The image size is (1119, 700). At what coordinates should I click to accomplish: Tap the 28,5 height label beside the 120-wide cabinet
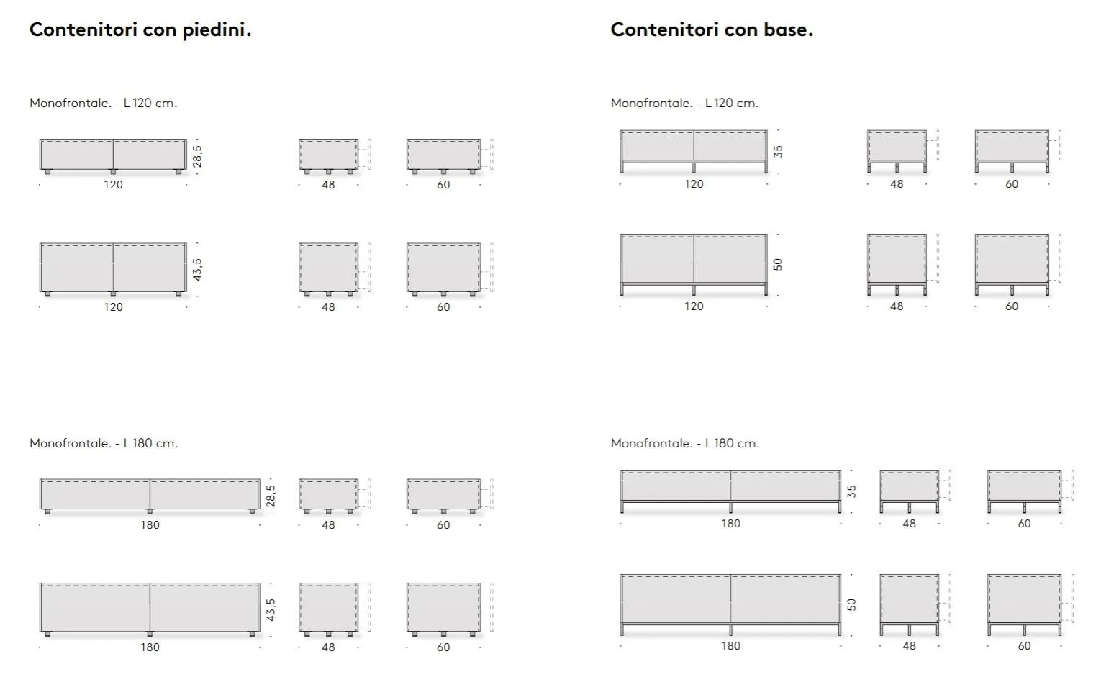point(197,156)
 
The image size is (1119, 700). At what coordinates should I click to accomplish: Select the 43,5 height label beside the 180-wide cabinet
point(271,609)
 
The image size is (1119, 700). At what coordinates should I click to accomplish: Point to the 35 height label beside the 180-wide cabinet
point(852,491)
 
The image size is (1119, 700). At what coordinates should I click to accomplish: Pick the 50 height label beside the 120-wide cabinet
point(778,264)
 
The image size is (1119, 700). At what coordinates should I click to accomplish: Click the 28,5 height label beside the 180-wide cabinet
point(271,496)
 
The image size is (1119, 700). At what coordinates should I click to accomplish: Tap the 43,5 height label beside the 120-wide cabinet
point(197,270)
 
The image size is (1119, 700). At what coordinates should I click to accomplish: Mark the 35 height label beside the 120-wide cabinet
point(778,151)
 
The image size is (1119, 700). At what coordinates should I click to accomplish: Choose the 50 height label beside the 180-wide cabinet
point(852,604)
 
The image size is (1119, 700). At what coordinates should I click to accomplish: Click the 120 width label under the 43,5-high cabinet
point(114,307)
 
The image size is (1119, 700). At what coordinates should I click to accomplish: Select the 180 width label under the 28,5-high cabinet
point(150,525)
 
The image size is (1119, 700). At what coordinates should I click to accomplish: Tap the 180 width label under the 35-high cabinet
point(731,524)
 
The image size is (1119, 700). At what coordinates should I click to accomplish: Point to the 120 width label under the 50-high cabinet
point(694,306)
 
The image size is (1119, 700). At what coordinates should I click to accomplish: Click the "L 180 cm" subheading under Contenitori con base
point(732,443)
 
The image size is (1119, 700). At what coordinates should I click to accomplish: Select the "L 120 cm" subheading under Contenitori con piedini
point(150,104)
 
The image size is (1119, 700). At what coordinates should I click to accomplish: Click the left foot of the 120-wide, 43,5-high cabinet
point(48,294)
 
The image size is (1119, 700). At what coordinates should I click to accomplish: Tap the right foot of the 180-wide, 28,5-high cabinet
point(253,512)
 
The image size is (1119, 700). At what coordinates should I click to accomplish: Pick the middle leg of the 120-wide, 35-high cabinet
point(694,167)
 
